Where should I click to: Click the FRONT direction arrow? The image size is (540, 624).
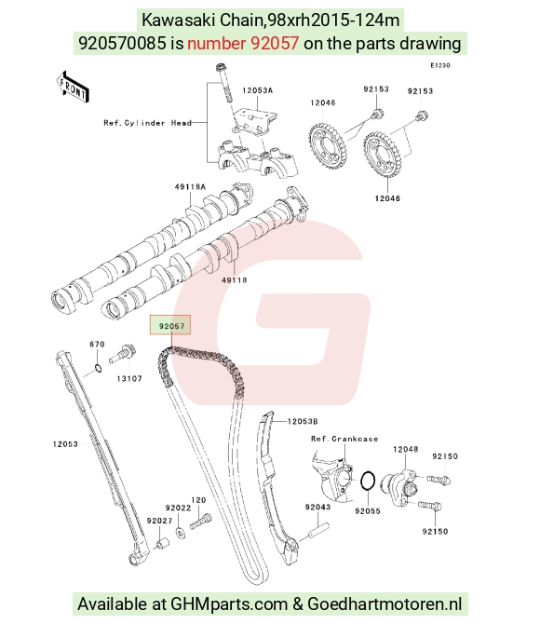pyautogui.click(x=73, y=88)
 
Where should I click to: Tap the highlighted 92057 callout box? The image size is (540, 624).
pyautogui.click(x=170, y=325)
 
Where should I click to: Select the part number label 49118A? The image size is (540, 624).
pyautogui.click(x=190, y=186)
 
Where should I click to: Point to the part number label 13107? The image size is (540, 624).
pyautogui.click(x=129, y=378)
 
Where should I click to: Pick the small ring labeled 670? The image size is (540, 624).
pyautogui.click(x=98, y=368)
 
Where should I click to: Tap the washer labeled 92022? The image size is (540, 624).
pyautogui.click(x=180, y=531)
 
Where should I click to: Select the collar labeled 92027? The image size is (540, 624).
pyautogui.click(x=162, y=544)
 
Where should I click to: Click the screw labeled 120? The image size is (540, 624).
pyautogui.click(x=200, y=521)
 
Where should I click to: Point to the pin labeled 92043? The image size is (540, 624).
pyautogui.click(x=317, y=532)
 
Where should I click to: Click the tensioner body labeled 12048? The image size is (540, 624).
pyautogui.click(x=400, y=487)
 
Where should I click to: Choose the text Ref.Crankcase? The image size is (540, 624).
pyautogui.click(x=344, y=439)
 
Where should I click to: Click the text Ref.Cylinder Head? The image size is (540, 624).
pyautogui.click(x=148, y=123)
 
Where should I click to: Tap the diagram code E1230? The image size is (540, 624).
pyautogui.click(x=440, y=65)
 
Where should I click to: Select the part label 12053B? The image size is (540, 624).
pyautogui.click(x=303, y=421)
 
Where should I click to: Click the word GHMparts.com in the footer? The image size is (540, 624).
pyautogui.click(x=229, y=604)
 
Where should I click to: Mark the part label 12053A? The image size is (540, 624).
pyautogui.click(x=258, y=90)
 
